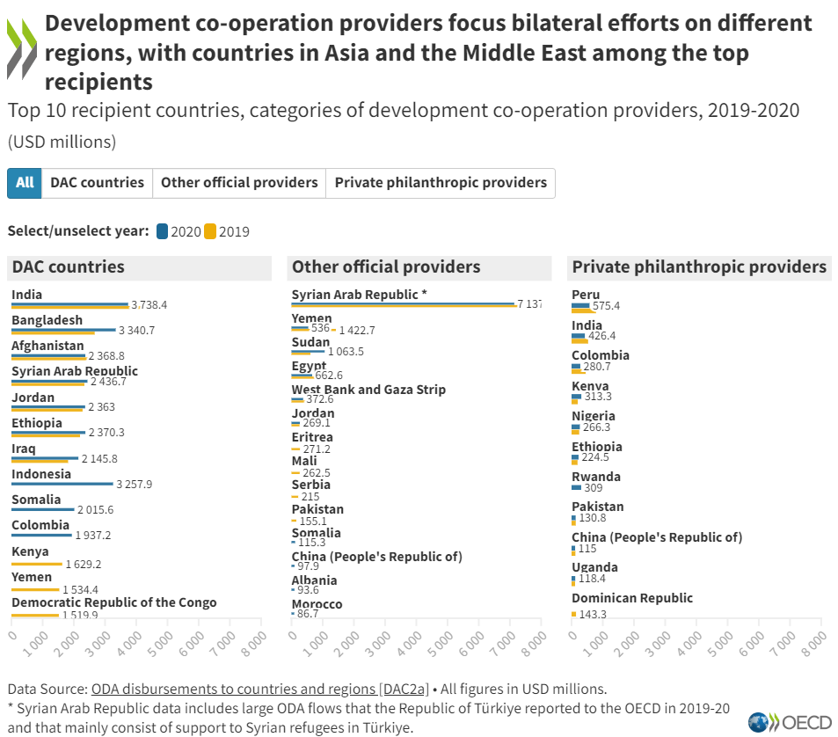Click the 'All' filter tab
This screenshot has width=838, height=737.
(x=25, y=183)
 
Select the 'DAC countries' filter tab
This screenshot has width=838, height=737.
(x=97, y=183)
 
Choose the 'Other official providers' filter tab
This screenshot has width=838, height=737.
(x=239, y=183)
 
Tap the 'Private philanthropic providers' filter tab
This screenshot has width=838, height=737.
(x=441, y=183)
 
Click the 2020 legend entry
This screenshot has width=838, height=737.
(x=179, y=232)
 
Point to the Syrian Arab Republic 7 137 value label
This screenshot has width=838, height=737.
(x=529, y=303)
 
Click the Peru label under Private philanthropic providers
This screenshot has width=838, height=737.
(x=586, y=295)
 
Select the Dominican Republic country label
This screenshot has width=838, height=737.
(x=631, y=598)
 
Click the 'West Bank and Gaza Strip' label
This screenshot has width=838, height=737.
(x=368, y=390)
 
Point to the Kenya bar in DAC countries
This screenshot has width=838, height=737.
(x=36, y=564)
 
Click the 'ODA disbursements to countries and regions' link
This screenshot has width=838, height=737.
(x=260, y=689)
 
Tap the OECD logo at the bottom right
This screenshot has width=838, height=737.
(x=790, y=722)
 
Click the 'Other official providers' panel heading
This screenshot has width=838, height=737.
(x=386, y=267)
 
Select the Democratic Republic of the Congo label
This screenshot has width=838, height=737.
(x=113, y=602)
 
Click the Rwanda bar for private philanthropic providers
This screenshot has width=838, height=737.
(x=576, y=487)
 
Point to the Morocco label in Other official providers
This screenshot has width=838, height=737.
(x=317, y=604)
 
